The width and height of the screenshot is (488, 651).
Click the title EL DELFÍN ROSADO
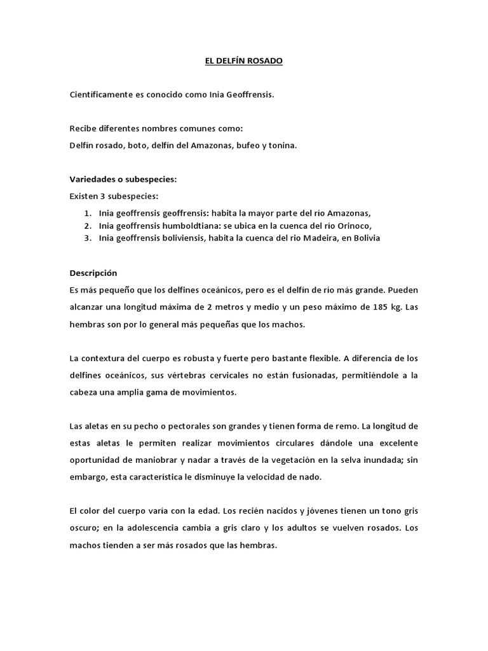(243, 61)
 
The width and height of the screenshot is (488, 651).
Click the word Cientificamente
(98, 95)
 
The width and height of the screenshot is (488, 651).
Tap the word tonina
(282, 145)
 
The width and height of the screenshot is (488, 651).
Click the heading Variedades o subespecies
(123, 179)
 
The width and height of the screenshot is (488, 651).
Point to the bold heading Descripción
(93, 273)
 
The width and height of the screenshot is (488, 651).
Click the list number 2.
(87, 225)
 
